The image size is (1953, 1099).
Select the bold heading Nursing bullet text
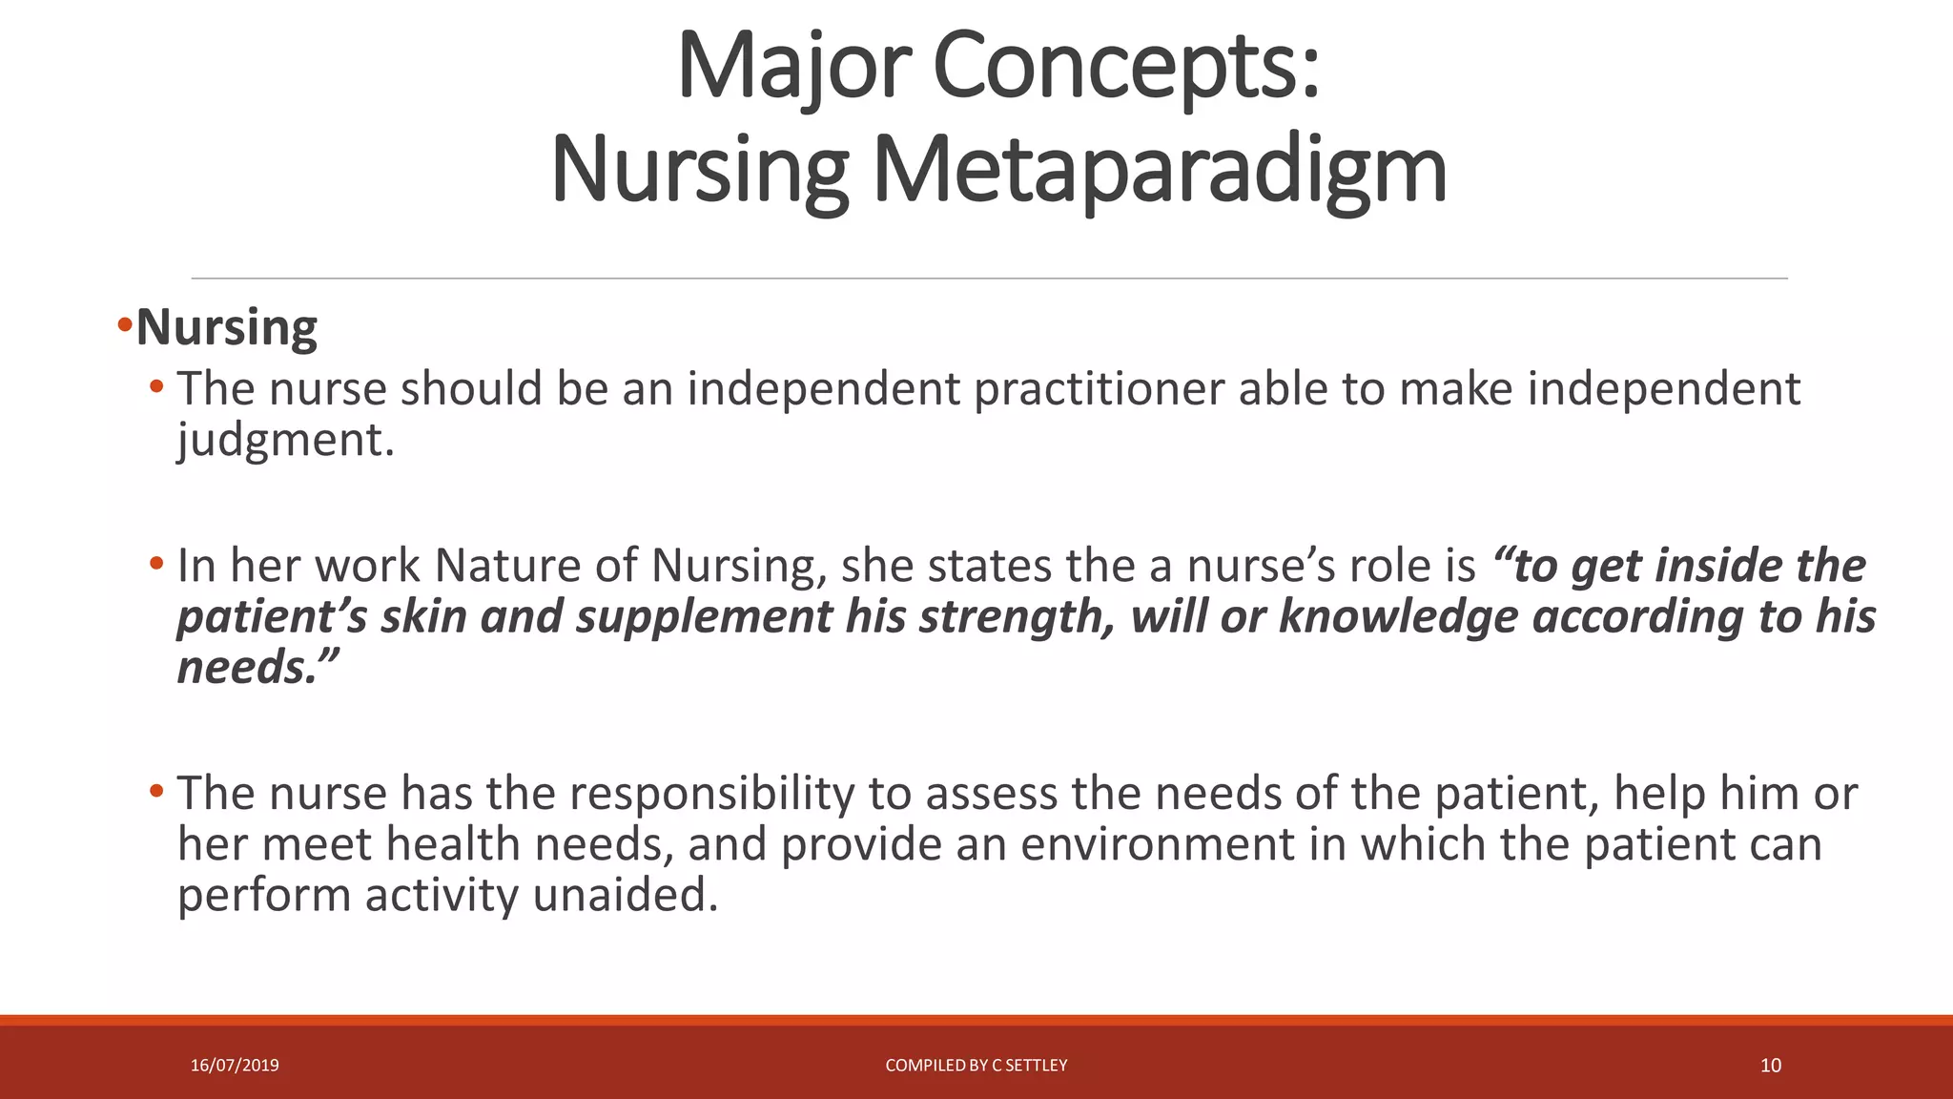(x=226, y=328)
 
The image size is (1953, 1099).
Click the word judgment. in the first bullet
(x=285, y=441)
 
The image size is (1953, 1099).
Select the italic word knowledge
(x=1398, y=616)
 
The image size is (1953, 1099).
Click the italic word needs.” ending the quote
(x=257, y=667)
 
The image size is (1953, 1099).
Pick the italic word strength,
(x=1017, y=616)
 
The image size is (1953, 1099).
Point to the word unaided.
(x=625, y=895)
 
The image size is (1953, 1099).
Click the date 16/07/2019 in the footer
(x=235, y=1066)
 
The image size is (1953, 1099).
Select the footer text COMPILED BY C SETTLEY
(x=976, y=1066)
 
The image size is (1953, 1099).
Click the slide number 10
(x=1770, y=1066)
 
